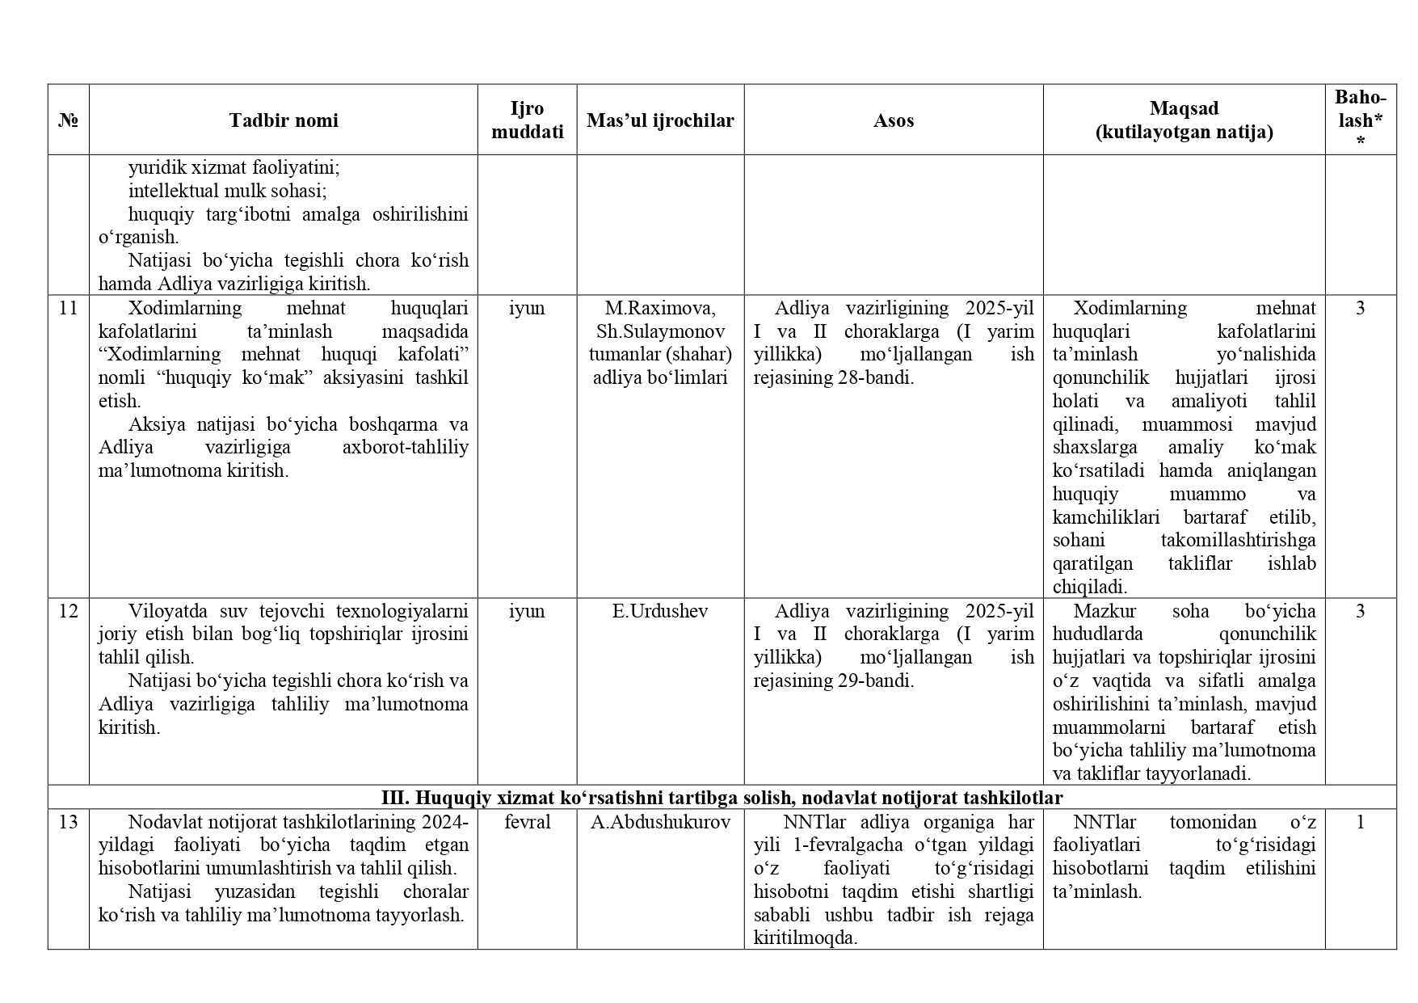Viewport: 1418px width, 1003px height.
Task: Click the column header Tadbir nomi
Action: coord(283,120)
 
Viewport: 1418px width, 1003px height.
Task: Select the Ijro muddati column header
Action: coord(527,120)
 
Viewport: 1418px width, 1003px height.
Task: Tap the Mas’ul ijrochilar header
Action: coord(660,120)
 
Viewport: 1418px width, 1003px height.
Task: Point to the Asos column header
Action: coord(893,120)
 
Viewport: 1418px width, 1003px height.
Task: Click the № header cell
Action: coord(69,120)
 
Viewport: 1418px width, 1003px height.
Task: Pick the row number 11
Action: coord(69,308)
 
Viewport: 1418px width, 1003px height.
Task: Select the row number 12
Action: coord(69,611)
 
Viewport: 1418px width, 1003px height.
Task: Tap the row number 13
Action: coord(69,822)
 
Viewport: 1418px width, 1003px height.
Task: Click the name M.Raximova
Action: coord(660,308)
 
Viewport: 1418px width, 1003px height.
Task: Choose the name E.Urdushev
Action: coord(660,611)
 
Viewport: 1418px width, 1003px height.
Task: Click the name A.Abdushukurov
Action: coord(660,822)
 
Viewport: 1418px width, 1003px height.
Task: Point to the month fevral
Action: coord(527,822)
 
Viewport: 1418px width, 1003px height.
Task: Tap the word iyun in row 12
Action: coord(527,611)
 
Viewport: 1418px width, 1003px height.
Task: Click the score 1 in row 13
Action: coord(1361,822)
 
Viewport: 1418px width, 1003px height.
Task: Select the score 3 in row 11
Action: coord(1361,308)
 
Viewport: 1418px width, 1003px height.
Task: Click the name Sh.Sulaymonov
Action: coord(660,331)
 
